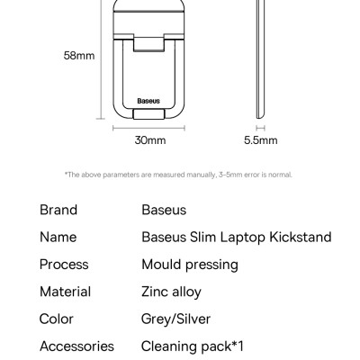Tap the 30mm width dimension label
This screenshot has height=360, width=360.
point(150,140)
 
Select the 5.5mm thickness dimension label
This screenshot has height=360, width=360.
point(261,140)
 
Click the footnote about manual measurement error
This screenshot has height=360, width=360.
point(178,175)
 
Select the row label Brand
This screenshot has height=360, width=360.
point(58,210)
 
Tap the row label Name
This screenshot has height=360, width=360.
point(58,238)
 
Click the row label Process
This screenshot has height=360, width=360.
point(64,265)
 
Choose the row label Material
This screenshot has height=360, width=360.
point(65,292)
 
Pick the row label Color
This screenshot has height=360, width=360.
point(57,319)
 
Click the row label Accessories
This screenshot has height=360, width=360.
point(76,346)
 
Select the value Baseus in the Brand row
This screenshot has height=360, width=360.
point(164,210)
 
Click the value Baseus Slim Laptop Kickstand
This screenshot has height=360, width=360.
point(237,238)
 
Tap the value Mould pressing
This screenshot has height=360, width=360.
point(190,265)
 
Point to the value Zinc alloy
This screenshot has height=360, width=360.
point(172,292)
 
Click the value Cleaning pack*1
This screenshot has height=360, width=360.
point(193,346)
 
